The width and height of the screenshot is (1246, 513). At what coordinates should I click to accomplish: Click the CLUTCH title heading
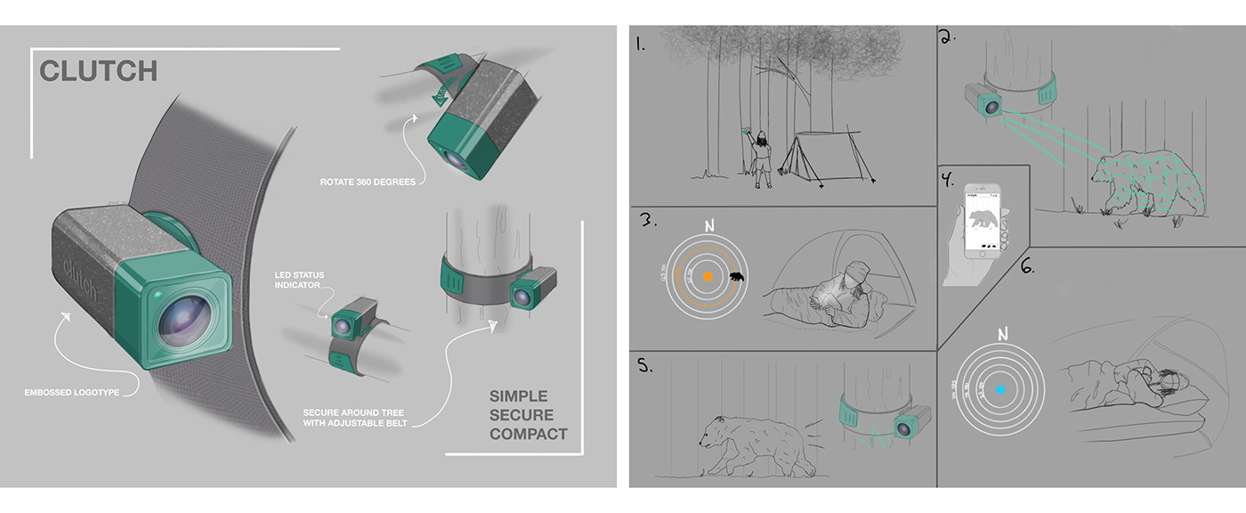(99, 70)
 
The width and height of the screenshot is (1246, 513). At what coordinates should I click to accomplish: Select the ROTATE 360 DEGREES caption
(367, 183)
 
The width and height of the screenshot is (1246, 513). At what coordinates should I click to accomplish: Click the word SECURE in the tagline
(521, 415)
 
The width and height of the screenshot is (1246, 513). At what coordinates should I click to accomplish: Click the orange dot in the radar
(708, 278)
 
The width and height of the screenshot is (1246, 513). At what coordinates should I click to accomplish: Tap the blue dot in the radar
(1000, 389)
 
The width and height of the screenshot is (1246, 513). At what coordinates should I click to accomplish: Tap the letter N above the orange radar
(709, 226)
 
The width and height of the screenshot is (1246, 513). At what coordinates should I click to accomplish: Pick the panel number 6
(1027, 265)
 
